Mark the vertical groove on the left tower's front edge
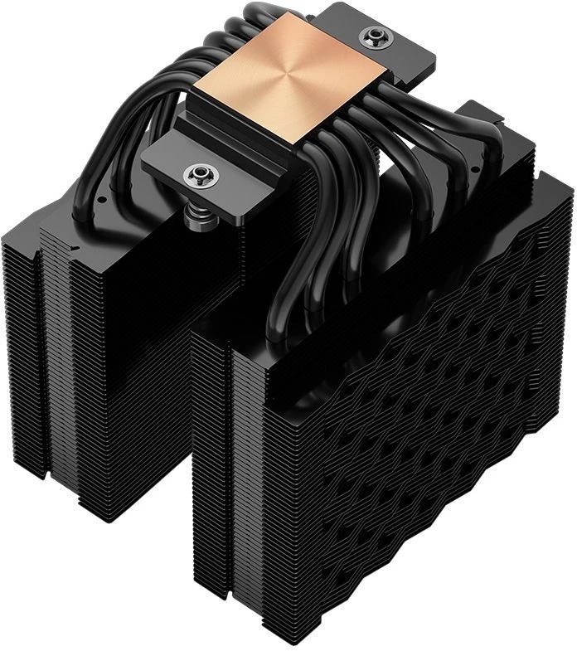tap(38, 348)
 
